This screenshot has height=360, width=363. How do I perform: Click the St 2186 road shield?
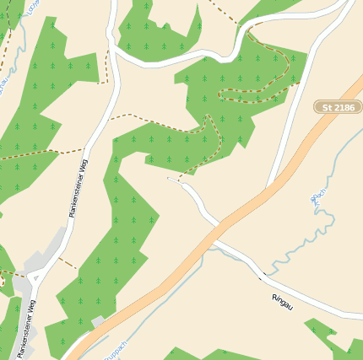pos(338,107)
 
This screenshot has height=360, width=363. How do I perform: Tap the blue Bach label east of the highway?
pos(317,200)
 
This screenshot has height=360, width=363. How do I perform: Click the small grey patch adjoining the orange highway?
pos(99,322)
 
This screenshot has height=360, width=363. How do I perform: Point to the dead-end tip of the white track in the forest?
pos(169,178)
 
